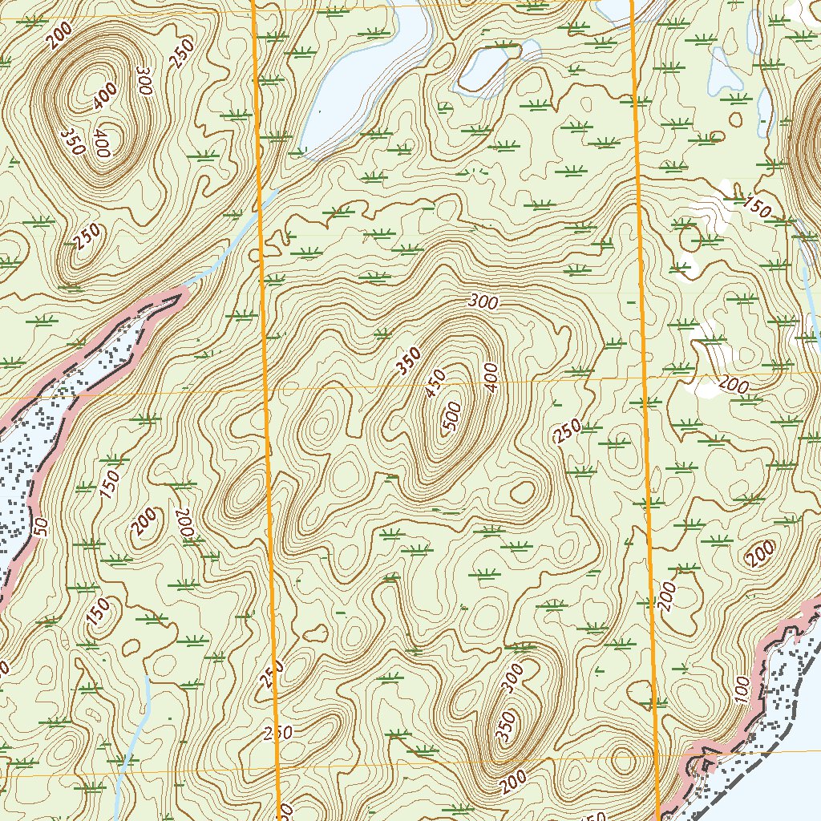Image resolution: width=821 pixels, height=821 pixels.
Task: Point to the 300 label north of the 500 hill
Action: coord(484,302)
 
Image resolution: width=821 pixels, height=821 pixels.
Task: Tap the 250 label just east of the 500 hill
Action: coord(567,431)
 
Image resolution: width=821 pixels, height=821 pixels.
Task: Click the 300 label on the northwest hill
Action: coord(144,82)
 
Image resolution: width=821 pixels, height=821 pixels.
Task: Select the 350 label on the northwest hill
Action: coord(73,141)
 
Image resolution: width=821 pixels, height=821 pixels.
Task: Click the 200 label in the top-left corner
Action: coord(59,36)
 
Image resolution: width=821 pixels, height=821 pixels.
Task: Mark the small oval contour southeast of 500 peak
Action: coord(523,491)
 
